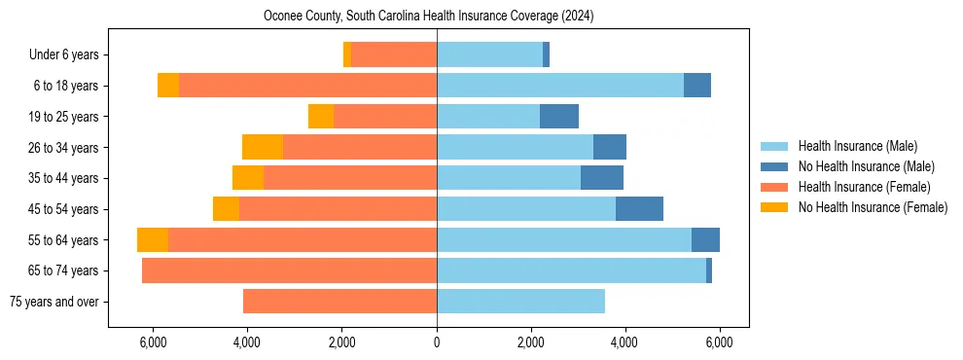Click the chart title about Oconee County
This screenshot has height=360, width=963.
tap(428, 17)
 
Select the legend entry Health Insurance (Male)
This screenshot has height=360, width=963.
tap(857, 146)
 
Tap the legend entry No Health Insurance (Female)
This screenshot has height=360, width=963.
tap(873, 207)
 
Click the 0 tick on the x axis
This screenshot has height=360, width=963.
tap(437, 342)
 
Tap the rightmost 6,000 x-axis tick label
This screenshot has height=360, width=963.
tap(719, 342)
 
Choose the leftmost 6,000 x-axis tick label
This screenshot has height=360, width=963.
tap(155, 342)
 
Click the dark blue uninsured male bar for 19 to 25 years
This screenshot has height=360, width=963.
tap(559, 117)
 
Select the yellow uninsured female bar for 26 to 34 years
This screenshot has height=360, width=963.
tap(263, 148)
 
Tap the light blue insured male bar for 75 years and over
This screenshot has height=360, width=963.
tap(520, 302)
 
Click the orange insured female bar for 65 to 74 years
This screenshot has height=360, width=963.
tap(289, 270)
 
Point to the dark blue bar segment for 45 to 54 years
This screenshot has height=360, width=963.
tap(639, 209)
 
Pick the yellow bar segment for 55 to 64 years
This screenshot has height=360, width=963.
tap(153, 240)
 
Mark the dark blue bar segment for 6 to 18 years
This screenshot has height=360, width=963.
tap(697, 86)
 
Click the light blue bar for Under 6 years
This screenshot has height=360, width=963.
tap(489, 55)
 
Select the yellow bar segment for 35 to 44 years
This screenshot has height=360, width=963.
tap(248, 178)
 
